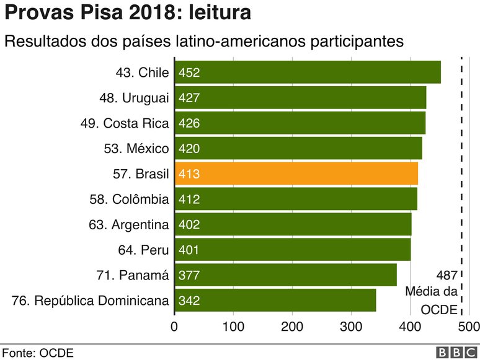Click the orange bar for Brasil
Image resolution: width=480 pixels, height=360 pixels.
click(296, 174)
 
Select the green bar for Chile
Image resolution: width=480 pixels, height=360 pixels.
click(307, 72)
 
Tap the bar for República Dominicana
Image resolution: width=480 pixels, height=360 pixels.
click(275, 301)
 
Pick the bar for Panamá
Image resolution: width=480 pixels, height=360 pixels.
click(285, 275)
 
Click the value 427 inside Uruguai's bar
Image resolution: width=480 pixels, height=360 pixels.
click(189, 98)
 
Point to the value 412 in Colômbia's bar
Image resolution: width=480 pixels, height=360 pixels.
click(189, 200)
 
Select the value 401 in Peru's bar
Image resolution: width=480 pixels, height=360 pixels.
click(189, 250)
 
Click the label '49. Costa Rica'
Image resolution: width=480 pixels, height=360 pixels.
click(124, 123)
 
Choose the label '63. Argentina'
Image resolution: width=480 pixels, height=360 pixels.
click(128, 225)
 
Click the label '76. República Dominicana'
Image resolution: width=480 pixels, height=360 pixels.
click(91, 301)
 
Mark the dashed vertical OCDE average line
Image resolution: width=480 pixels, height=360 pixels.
click(461, 186)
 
